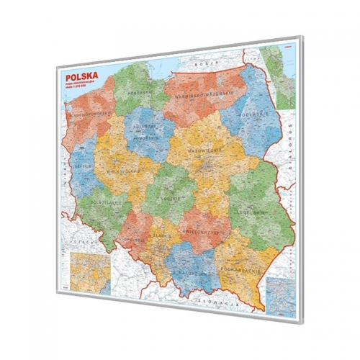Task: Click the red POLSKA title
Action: click(81, 74)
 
